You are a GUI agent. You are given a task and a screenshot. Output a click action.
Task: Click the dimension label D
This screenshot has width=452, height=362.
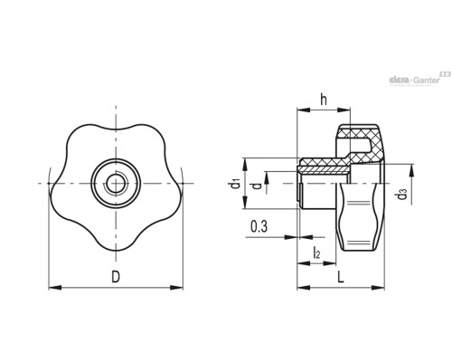point(116,277)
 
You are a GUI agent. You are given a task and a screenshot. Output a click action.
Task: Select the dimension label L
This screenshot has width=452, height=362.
point(341,277)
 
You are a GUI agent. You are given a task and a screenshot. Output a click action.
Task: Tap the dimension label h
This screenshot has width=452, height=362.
point(324,100)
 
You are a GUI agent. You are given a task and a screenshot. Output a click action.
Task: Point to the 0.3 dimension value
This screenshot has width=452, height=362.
point(259,226)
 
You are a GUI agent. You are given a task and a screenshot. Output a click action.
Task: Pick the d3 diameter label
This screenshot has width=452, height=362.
point(402,194)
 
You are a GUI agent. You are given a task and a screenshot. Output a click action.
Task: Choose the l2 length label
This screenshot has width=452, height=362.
point(316,252)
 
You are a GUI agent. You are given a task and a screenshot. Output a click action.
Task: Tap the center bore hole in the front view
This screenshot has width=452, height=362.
point(116,183)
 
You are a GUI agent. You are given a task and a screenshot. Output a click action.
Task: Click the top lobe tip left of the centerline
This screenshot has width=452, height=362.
point(90,125)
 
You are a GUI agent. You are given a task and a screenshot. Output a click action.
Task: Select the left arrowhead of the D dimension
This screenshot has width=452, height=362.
point(55,288)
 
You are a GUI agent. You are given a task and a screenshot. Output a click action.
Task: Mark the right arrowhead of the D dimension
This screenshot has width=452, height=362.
point(176,288)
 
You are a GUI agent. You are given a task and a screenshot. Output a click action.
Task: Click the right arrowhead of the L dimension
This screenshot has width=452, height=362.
point(378,288)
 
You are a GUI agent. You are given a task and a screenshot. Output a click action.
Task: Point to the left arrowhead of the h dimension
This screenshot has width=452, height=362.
point(304,110)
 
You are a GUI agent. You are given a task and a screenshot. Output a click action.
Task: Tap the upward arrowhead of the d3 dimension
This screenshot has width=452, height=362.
point(410,171)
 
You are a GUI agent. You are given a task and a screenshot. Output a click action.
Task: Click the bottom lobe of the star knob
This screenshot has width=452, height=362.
point(116,242)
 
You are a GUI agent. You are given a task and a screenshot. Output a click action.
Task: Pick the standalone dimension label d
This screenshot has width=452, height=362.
point(257,186)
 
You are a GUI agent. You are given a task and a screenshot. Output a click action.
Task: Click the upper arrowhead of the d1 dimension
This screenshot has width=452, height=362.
point(245,165)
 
